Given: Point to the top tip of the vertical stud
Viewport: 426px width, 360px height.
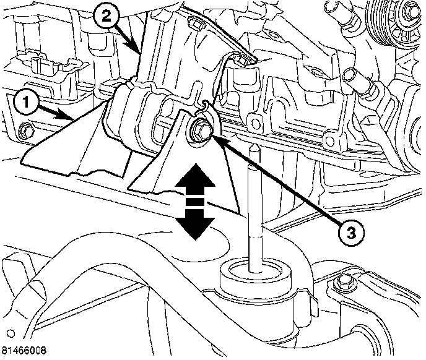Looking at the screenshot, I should pyautogui.click(x=254, y=149).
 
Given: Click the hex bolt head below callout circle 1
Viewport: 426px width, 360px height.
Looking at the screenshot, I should pyautogui.click(x=26, y=131).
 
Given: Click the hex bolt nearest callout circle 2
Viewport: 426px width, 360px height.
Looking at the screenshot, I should pyautogui.click(x=193, y=24).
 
